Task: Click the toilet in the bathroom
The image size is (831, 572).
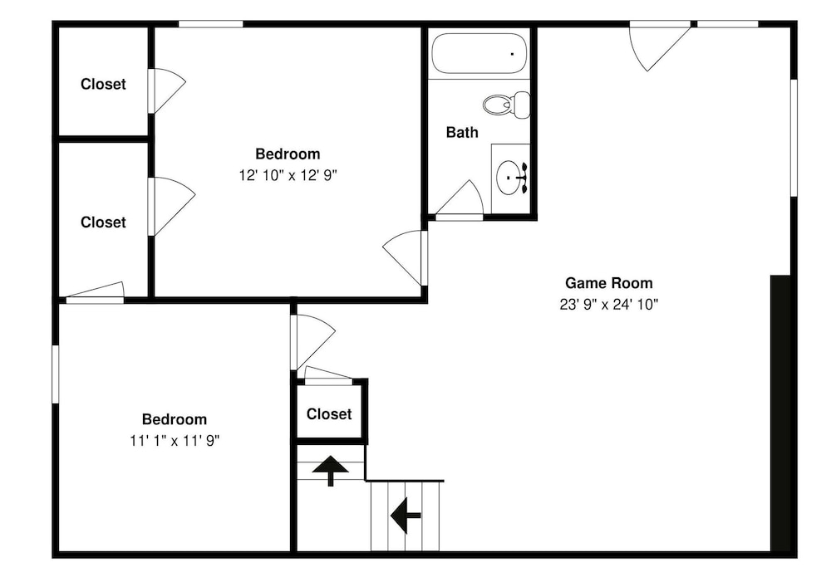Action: pyautogui.click(x=507, y=105)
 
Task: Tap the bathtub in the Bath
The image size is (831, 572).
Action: pyautogui.click(x=479, y=53)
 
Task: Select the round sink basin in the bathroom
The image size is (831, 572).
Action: pyautogui.click(x=509, y=178)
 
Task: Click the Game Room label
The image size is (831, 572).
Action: pyautogui.click(x=609, y=283)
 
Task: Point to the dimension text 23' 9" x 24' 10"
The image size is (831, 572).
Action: pyautogui.click(x=609, y=304)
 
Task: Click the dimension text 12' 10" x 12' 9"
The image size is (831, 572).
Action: pyautogui.click(x=288, y=175)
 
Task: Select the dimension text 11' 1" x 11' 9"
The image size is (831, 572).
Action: pyautogui.click(x=175, y=440)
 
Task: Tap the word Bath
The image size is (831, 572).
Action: pyautogui.click(x=462, y=132)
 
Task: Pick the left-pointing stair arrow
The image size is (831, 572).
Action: pyautogui.click(x=406, y=516)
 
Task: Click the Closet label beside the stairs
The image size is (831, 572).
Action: pyautogui.click(x=329, y=413)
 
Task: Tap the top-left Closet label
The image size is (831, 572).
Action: pyautogui.click(x=103, y=84)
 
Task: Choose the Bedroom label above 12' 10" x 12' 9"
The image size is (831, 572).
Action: pyautogui.click(x=288, y=154)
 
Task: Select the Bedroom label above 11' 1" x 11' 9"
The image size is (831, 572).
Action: pyautogui.click(x=175, y=419)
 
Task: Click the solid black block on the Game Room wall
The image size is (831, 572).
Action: pyautogui.click(x=780, y=413)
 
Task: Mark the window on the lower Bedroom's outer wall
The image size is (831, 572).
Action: pyautogui.click(x=55, y=374)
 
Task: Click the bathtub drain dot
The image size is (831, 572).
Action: pyautogui.click(x=512, y=53)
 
